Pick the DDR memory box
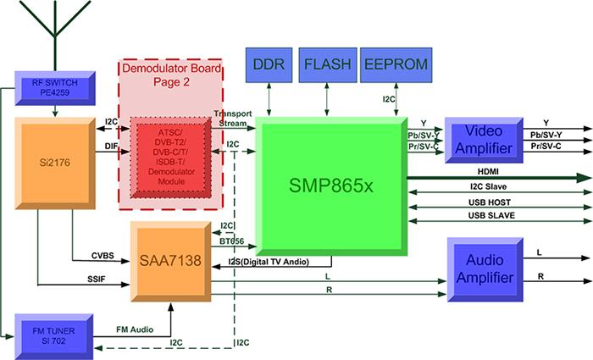point(267,64)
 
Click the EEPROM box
point(394,64)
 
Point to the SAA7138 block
point(169,262)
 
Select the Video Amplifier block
point(480,139)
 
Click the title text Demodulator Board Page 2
point(171,74)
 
